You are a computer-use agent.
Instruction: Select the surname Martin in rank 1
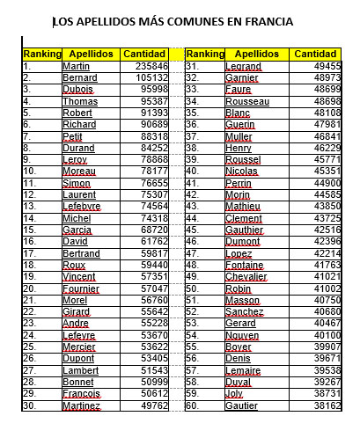(77, 67)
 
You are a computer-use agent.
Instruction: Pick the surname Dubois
(78, 90)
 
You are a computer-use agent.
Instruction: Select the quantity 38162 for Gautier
(324, 406)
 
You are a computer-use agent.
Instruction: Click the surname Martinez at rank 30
(82, 406)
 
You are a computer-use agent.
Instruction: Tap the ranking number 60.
(192, 406)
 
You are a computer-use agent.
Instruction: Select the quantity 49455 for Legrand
(324, 67)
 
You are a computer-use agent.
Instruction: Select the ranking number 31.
(192, 67)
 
